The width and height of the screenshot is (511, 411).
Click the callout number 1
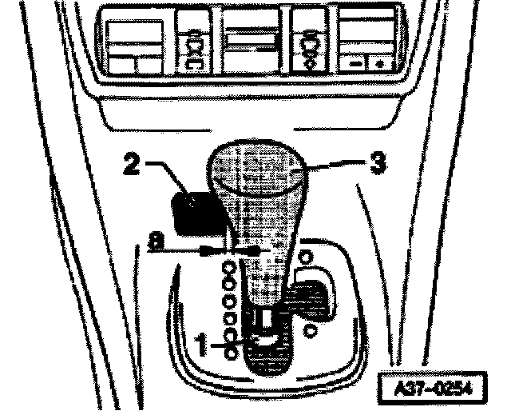click(x=203, y=346)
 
